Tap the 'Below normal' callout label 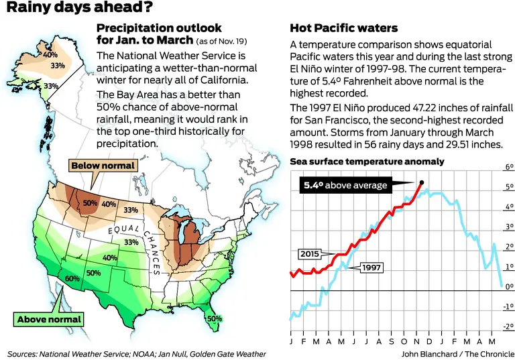point(103,166)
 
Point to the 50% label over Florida point(214,318)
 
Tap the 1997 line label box point(371,267)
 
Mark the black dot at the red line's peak point(421,182)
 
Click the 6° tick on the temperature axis point(509,168)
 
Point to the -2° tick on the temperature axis point(508,326)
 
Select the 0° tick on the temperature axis point(509,287)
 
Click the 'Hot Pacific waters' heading point(343,28)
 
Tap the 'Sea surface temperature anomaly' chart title point(367,162)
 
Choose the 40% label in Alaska point(50,54)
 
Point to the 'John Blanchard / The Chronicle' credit point(458,353)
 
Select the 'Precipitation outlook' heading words point(159,28)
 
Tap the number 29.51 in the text point(464,145)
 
